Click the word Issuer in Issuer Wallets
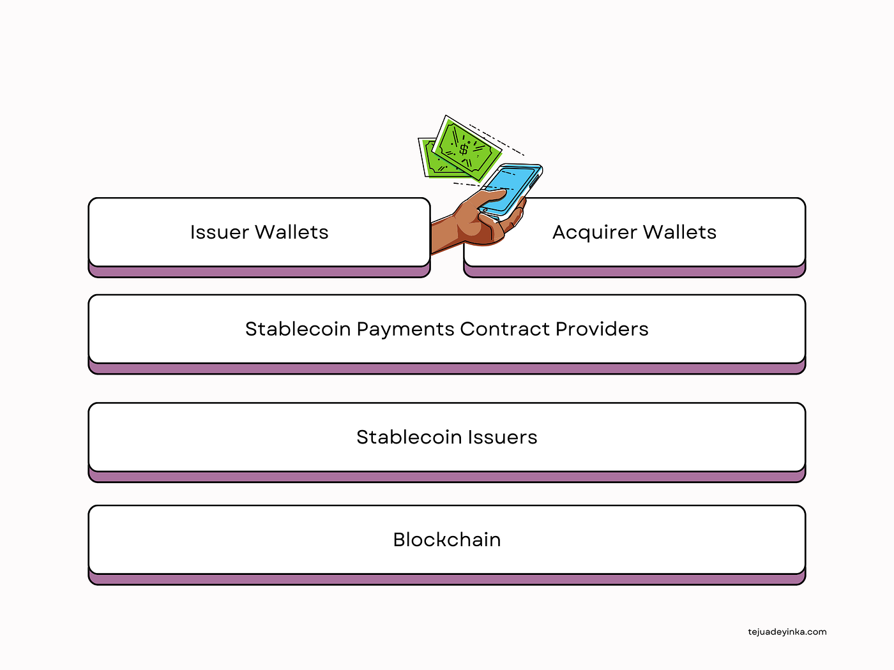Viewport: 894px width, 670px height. click(219, 232)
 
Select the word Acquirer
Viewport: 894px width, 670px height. click(594, 233)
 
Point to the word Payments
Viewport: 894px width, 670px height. click(405, 329)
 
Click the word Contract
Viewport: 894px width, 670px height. click(504, 329)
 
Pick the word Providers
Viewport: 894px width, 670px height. click(602, 329)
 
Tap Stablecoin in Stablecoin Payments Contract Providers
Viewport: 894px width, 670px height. click(298, 329)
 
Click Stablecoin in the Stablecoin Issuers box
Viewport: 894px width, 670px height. click(409, 437)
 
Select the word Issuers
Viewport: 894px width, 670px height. click(503, 437)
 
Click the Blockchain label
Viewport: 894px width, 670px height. click(447, 540)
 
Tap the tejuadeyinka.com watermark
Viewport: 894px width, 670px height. click(787, 632)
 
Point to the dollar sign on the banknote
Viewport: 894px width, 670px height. click(464, 149)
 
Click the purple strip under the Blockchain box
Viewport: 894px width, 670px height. click(447, 579)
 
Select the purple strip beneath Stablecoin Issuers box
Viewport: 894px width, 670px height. click(447, 477)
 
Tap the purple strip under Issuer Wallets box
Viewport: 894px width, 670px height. click(259, 272)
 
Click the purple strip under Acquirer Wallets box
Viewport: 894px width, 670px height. click(634, 272)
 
